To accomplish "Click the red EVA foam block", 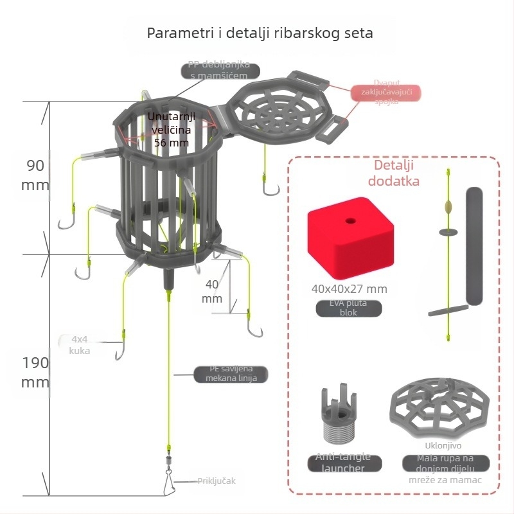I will pyautogui.click(x=350, y=241).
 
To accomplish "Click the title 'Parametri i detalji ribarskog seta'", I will pyautogui.click(x=260, y=33).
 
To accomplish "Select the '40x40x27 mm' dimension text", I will pyautogui.click(x=349, y=289).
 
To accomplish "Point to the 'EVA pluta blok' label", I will pyautogui.click(x=349, y=308).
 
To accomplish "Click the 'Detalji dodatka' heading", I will pyautogui.click(x=393, y=173).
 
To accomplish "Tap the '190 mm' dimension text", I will pyautogui.click(x=35, y=372).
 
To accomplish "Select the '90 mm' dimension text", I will pyautogui.click(x=35, y=175).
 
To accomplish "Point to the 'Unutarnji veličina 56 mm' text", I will pyautogui.click(x=172, y=129).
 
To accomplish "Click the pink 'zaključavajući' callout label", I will pyautogui.click(x=386, y=93).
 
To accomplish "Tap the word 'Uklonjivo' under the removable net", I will pyautogui.click(x=443, y=445).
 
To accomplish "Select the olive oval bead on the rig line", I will pyautogui.click(x=447, y=207).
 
